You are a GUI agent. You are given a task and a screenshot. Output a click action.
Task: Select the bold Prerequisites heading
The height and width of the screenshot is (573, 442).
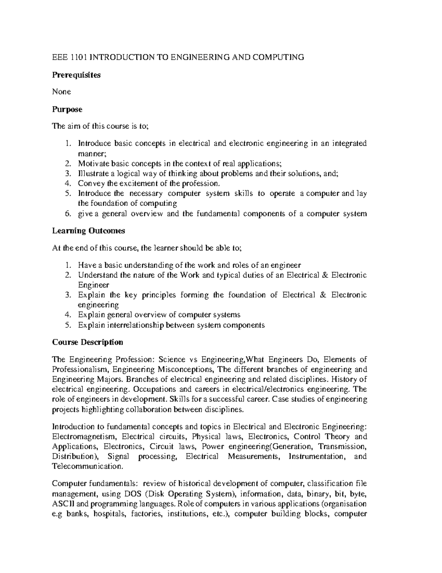click(76, 75)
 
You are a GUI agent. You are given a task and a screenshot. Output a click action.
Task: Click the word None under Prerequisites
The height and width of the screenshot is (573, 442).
click(61, 92)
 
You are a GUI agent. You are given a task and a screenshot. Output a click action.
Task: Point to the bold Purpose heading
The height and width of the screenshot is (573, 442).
click(67, 109)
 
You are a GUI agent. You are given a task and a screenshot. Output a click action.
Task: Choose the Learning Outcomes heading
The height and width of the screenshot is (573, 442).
click(88, 231)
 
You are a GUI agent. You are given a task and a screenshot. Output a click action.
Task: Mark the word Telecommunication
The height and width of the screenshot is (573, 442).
click(86, 466)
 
